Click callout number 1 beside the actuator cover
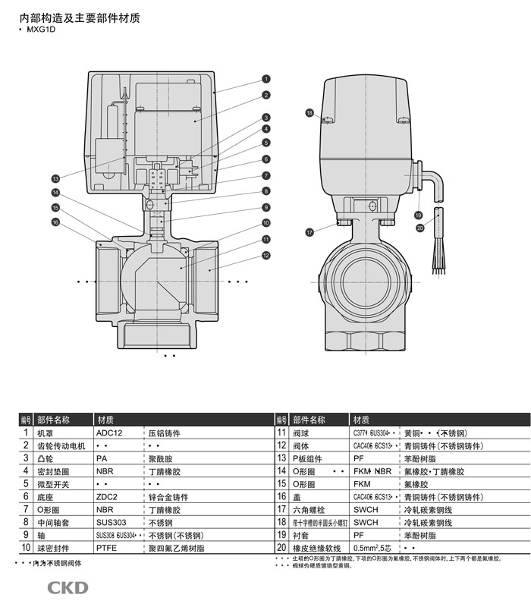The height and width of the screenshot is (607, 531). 266,79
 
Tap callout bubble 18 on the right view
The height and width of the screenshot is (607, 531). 309,113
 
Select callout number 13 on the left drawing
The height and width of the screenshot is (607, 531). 55,179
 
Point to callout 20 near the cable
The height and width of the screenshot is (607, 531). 420,227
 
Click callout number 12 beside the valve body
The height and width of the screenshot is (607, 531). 266,256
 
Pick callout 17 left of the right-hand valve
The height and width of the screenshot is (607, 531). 309,231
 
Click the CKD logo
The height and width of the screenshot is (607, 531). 68,587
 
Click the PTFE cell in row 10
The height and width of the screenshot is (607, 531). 107,547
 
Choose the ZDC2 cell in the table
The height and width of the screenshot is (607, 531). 107,497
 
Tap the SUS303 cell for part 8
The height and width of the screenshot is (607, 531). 111,523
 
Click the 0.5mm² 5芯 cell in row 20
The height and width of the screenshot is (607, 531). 376,547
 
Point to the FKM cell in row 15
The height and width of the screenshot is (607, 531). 362,484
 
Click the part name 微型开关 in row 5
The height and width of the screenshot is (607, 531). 53,484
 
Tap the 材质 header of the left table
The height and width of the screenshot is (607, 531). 105,420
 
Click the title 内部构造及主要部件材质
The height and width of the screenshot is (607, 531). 80,17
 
